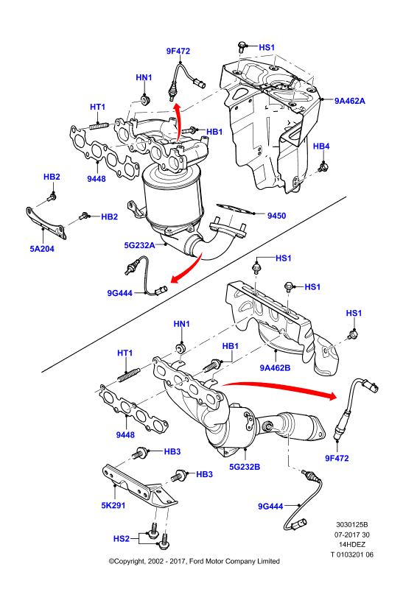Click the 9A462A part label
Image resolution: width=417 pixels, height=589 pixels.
[x=350, y=101]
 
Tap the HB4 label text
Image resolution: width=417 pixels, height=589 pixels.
[x=321, y=146]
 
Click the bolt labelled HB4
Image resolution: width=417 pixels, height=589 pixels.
[x=323, y=166]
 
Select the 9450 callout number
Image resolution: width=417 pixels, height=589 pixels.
[x=276, y=216]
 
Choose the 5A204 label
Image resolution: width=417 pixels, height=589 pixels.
[x=42, y=249]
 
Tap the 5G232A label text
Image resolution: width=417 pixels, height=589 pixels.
[x=139, y=245]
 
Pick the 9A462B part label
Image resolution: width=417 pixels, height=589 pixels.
[x=275, y=367]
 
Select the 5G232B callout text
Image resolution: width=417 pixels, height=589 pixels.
[x=245, y=467]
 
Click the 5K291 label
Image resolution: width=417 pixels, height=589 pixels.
[x=113, y=505]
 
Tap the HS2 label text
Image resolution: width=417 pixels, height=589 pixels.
[x=122, y=539]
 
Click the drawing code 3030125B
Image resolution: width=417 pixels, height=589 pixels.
[x=352, y=524]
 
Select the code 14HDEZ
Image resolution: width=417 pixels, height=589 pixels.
[x=352, y=544]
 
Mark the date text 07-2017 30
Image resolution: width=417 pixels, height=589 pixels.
[x=352, y=535]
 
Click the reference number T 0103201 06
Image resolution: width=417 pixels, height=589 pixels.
[x=352, y=554]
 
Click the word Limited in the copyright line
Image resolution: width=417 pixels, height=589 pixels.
[x=268, y=561]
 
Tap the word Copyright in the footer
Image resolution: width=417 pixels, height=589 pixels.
[x=127, y=561]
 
